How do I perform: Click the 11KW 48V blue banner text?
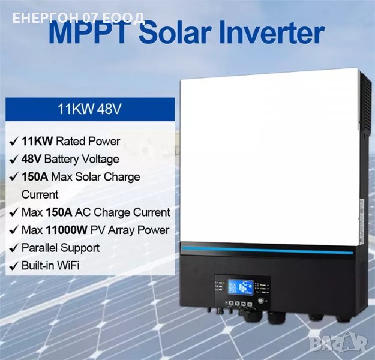(x=90, y=109)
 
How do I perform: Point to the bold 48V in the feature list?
(x=34, y=159)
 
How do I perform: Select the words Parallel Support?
(x=60, y=247)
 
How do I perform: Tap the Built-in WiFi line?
(x=50, y=265)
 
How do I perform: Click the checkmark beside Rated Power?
(x=13, y=142)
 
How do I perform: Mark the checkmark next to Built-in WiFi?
(x=13, y=265)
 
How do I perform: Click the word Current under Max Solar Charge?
(x=40, y=194)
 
